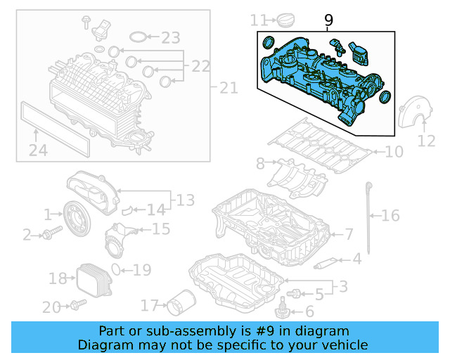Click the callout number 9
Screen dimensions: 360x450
coord(328,21)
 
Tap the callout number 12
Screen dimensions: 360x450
coord(426,141)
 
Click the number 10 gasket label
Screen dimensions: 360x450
coord(394,151)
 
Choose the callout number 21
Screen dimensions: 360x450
coord(229,88)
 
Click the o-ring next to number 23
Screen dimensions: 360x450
coord(140,37)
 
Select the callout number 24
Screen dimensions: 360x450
coord(38,149)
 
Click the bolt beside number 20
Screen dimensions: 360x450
coord(77,305)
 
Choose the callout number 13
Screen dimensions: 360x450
coord(185,201)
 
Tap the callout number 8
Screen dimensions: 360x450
coord(260,164)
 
